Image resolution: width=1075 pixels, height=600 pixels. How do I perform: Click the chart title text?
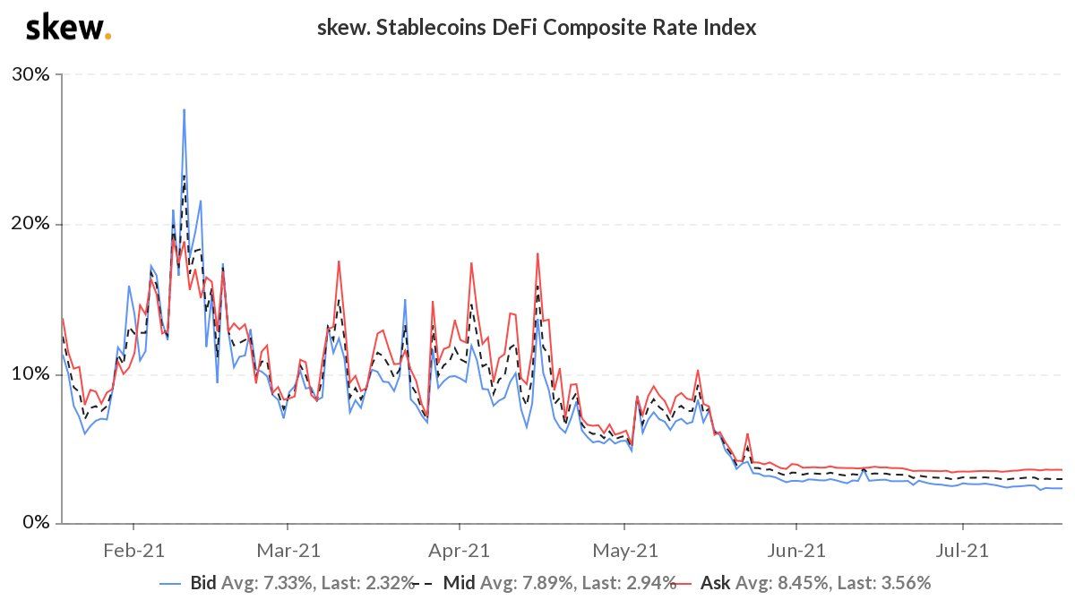point(537,28)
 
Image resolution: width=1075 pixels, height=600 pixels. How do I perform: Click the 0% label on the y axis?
point(37,522)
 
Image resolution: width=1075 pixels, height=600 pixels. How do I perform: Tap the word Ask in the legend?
point(721,583)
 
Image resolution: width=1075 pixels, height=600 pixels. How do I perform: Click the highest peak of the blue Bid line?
point(184,110)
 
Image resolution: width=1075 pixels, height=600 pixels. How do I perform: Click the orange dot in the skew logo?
point(108,37)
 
